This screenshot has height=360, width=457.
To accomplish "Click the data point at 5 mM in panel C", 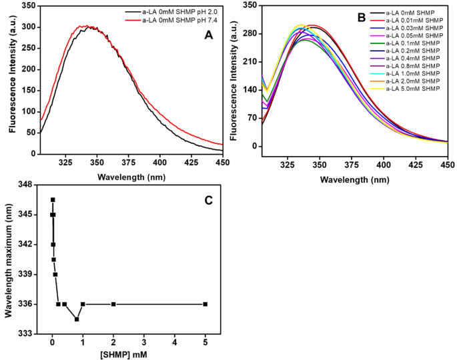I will (x=205, y=304).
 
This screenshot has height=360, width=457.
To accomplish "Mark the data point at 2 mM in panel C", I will (x=113, y=304).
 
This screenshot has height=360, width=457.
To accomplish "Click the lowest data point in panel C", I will (x=77, y=319).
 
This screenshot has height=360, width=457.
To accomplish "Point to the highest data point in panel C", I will (x=53, y=200).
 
